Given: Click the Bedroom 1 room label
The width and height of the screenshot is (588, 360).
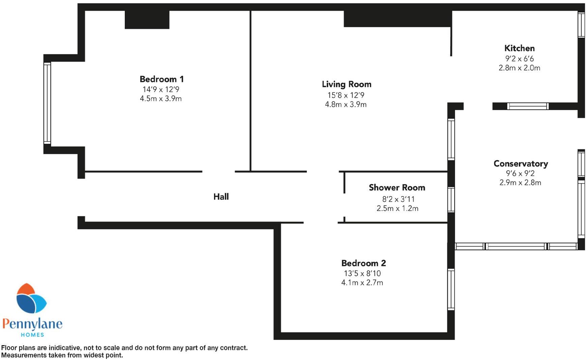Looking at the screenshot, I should pyautogui.click(x=161, y=79).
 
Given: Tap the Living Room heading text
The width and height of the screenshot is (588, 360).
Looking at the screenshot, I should pyautogui.click(x=346, y=84).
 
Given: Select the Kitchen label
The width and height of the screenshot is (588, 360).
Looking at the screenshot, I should pyautogui.click(x=519, y=48).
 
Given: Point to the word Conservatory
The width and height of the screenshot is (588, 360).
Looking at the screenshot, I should pyautogui.click(x=521, y=164).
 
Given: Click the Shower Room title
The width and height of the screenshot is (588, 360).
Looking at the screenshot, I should pyautogui.click(x=397, y=188).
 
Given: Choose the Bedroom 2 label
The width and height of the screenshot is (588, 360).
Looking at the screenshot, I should pyautogui.click(x=363, y=263).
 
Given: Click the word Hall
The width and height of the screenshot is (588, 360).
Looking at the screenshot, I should pyautogui.click(x=221, y=197).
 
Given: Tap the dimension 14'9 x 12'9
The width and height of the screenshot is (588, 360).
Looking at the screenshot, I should pyautogui.click(x=161, y=89).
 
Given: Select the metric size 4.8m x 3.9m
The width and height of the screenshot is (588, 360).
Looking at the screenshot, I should pyautogui.click(x=346, y=105).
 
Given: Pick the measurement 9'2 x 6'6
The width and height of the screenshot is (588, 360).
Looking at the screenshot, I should pyautogui.click(x=519, y=59).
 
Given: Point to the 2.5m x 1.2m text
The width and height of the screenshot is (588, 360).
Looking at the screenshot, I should pyautogui.click(x=397, y=209).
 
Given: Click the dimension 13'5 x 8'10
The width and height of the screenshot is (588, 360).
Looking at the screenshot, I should pyautogui.click(x=362, y=273).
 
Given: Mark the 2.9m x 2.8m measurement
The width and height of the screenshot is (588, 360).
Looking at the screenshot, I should pyautogui.click(x=520, y=183).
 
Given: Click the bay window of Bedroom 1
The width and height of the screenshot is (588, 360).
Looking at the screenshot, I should pyautogui.click(x=47, y=103).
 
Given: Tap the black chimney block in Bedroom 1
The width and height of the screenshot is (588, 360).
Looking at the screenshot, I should pyautogui.click(x=147, y=20).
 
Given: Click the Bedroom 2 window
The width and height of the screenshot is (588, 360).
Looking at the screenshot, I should pyautogui.click(x=451, y=289).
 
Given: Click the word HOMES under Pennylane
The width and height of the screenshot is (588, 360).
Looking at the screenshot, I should pyautogui.click(x=32, y=335).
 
